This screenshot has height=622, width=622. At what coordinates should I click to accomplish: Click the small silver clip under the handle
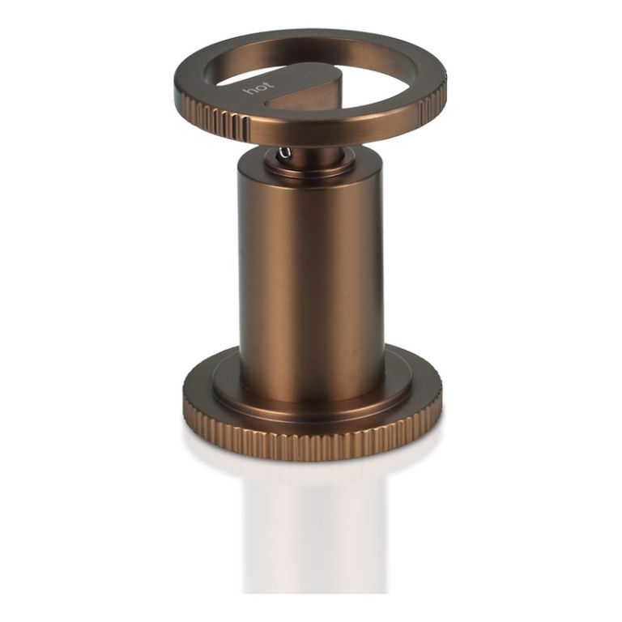point(284,153)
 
